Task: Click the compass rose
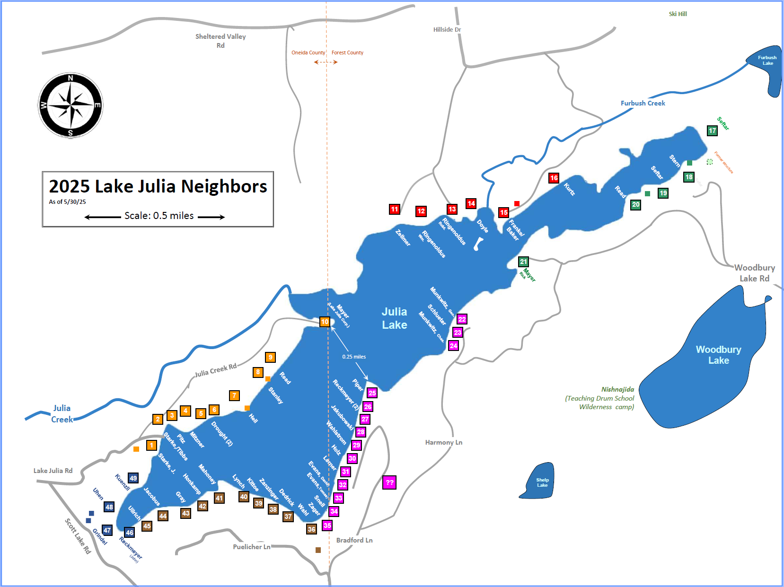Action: tap(70, 105)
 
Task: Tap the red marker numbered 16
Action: tap(554, 178)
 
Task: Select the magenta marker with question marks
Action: tap(389, 482)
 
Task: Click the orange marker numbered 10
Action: tap(325, 322)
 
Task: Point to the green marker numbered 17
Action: tap(712, 131)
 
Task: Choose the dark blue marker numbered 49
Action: tap(133, 478)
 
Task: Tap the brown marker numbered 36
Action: tap(311, 529)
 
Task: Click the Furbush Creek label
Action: tap(643, 103)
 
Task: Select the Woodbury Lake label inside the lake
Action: tap(718, 355)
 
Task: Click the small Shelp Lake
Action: tap(539, 482)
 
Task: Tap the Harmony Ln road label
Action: tap(443, 442)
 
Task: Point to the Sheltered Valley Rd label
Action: tap(220, 41)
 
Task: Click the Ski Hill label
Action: tap(678, 14)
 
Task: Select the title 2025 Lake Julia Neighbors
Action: tap(158, 186)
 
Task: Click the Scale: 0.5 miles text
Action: tap(159, 216)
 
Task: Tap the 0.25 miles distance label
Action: tap(354, 357)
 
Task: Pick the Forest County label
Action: tap(347, 53)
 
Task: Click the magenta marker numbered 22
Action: tap(462, 319)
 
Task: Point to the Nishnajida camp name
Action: tap(617, 389)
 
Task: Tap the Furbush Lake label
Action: tap(767, 60)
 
